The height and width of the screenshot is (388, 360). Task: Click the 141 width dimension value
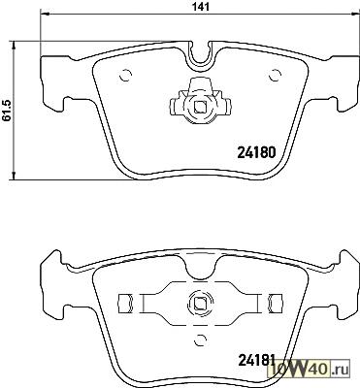202,7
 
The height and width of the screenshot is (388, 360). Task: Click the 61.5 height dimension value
7,111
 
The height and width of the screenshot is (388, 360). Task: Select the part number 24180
256,152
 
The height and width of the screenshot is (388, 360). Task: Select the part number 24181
256,360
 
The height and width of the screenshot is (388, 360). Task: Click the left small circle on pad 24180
125,76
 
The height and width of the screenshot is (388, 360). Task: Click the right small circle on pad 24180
276,76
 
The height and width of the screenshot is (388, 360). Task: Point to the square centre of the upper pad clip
201,107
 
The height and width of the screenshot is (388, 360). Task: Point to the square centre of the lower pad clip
201,304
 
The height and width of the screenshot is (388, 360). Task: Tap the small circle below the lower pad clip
201,339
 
